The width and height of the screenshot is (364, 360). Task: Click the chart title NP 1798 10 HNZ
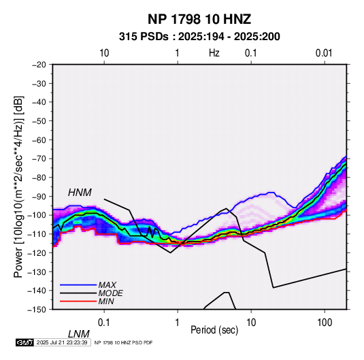click(199, 19)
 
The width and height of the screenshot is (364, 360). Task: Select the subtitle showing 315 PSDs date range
click(199, 37)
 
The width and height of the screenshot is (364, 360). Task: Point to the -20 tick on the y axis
click(39, 65)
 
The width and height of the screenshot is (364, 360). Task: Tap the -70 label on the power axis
click(39, 159)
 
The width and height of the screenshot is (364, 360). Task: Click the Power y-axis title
click(18, 186)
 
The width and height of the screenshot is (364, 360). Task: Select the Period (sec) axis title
click(214, 329)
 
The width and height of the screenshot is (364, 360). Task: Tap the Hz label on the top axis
click(214, 53)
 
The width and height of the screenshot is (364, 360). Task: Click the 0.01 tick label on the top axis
click(324, 53)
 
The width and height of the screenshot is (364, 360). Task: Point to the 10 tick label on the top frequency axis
click(104, 53)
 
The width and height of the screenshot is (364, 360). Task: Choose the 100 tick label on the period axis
click(325, 323)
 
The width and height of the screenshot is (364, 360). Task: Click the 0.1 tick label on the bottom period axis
click(104, 323)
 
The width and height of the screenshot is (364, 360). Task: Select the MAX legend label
click(107, 285)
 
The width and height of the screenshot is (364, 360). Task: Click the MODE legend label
click(110, 293)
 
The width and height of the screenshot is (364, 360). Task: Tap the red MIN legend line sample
click(78, 301)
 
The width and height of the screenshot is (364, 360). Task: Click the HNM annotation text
click(80, 193)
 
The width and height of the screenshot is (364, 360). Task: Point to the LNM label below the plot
click(78, 334)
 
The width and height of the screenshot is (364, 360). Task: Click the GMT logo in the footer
click(25, 342)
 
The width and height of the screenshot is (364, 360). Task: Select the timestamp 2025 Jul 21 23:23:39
click(62, 342)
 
